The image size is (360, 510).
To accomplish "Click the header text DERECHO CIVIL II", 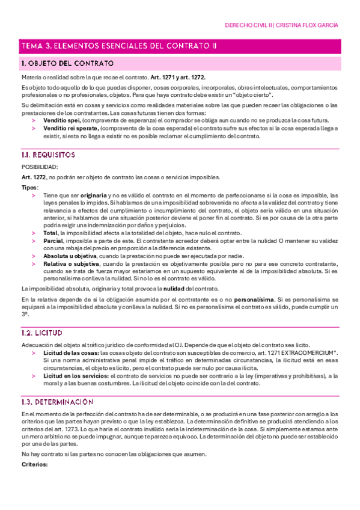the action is (247, 26).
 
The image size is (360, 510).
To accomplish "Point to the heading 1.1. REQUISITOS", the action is (47, 155).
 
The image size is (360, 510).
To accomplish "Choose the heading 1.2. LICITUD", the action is (41, 333).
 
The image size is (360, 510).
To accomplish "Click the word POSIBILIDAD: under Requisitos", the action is (40, 167).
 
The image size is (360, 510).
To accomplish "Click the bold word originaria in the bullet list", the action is (92, 195).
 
